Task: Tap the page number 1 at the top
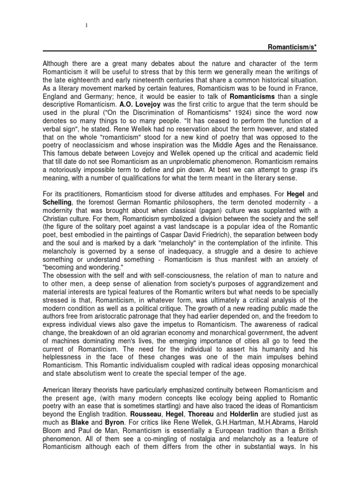coord(87,25)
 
